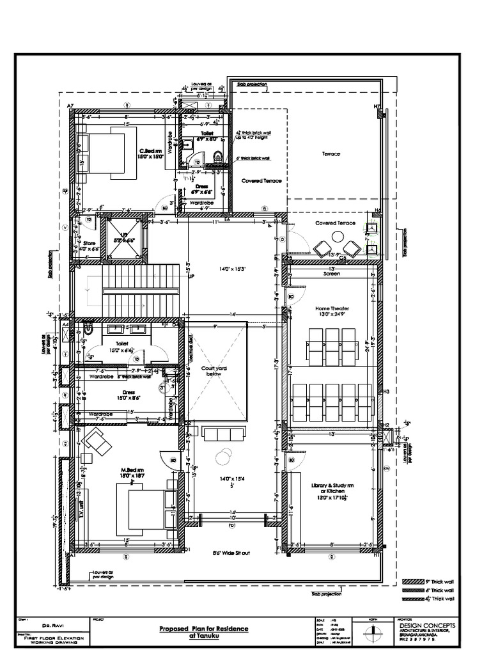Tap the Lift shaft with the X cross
tap(121, 237)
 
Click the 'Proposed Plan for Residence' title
tap(203, 629)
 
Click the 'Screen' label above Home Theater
tap(331, 273)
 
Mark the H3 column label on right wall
tap(386, 391)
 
